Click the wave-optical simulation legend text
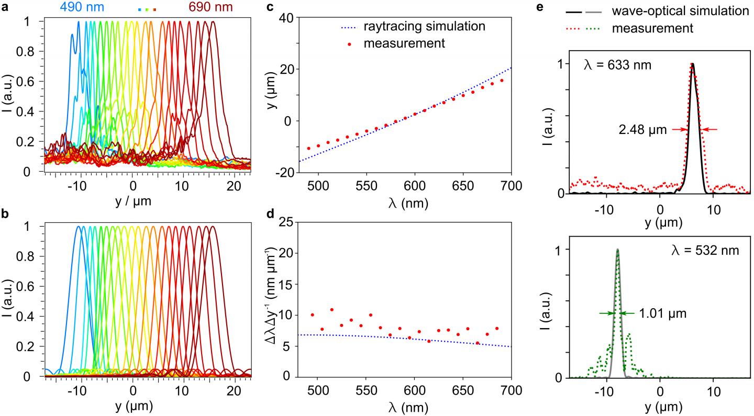pyautogui.click(x=682, y=10)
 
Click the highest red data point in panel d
pyautogui.click(x=331, y=310)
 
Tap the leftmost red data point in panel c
pyautogui.click(x=308, y=149)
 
